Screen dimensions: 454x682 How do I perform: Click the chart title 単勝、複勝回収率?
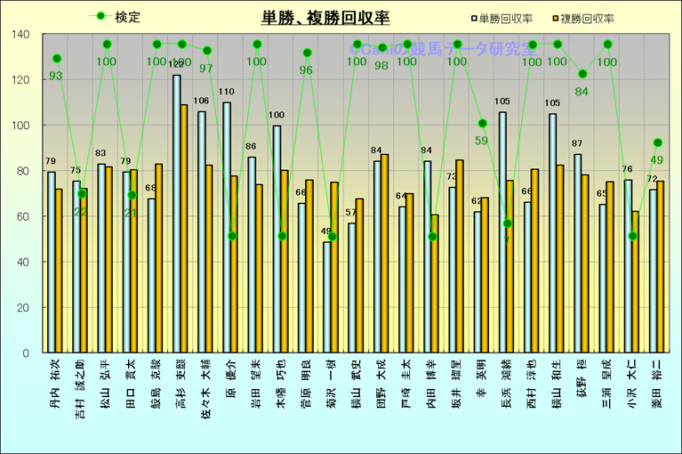coord(325,17)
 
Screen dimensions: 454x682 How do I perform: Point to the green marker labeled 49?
coord(657,142)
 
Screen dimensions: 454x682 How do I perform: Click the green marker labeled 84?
coord(582,74)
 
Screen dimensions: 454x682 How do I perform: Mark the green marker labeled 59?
coord(482,124)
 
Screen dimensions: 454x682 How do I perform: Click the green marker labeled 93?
coord(57,59)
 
